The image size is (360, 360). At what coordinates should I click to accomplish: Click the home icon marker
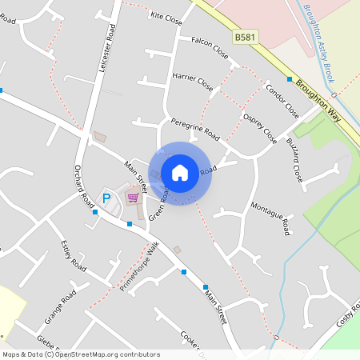(x=180, y=172)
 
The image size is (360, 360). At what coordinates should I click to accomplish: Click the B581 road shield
(x=246, y=38)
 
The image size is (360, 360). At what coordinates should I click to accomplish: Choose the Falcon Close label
(x=210, y=46)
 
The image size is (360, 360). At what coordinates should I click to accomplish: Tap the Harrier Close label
(x=193, y=81)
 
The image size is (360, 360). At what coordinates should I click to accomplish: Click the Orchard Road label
(x=85, y=183)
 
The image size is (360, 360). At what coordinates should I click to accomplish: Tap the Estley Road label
(x=73, y=254)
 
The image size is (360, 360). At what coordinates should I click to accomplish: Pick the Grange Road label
(x=60, y=308)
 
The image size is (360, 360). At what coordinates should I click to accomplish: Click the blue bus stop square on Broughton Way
(x=290, y=79)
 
